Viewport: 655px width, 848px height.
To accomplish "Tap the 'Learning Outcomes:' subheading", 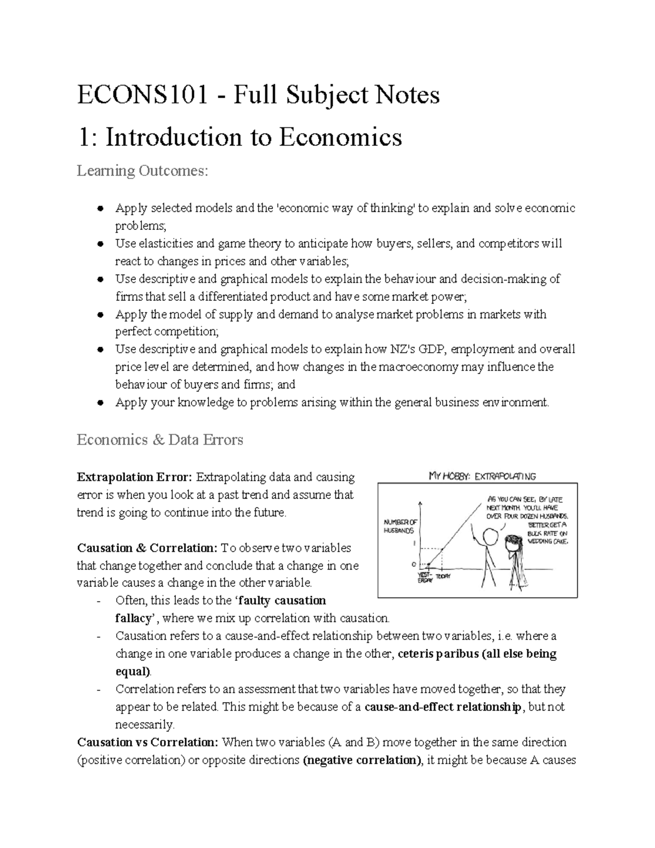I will (x=142, y=171).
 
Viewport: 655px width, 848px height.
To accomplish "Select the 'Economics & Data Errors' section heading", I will (x=160, y=440).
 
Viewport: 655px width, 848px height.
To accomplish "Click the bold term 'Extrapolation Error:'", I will (x=134, y=477).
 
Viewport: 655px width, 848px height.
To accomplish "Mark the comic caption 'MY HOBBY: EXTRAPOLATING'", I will (x=482, y=476).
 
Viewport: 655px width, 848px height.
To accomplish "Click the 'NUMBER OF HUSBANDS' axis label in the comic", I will (x=401, y=526).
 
